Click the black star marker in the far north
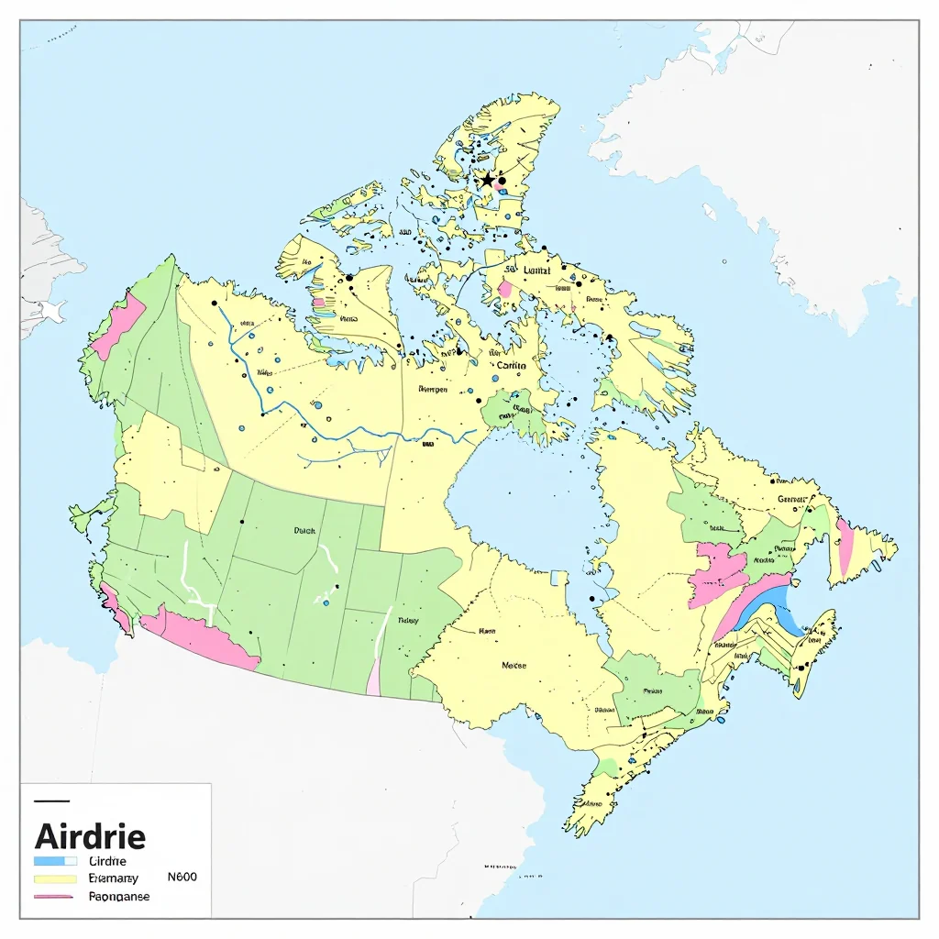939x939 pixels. coord(487,180)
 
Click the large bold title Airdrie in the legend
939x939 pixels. coord(89,835)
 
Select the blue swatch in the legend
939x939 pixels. coord(54,861)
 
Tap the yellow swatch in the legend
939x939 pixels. coord(54,878)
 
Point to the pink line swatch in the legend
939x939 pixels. coord(54,896)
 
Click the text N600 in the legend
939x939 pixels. coord(182,877)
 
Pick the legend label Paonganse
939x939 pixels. coord(119,896)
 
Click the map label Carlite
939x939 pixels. coord(512,365)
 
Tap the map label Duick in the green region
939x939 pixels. coord(304,530)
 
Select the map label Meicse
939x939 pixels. coord(514,666)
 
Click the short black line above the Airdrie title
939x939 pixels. coord(50,801)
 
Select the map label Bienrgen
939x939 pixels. coord(432,389)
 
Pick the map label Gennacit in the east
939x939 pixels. coord(794,499)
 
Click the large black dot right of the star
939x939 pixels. coord(503,181)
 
